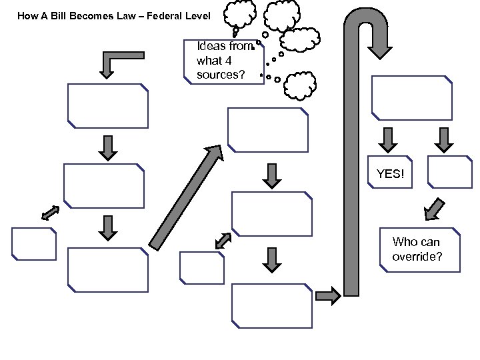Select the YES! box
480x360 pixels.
[390, 174]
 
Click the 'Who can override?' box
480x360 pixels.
[420, 251]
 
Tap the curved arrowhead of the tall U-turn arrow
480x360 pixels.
[380, 43]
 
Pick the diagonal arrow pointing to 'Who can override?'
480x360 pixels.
[435, 209]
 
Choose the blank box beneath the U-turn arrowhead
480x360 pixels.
[411, 98]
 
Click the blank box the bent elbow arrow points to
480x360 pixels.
[107, 105]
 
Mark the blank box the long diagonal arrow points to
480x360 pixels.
[268, 130]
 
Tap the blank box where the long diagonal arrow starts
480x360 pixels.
[107, 269]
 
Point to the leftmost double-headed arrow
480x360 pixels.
[50, 213]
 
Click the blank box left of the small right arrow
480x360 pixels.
[271, 305]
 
